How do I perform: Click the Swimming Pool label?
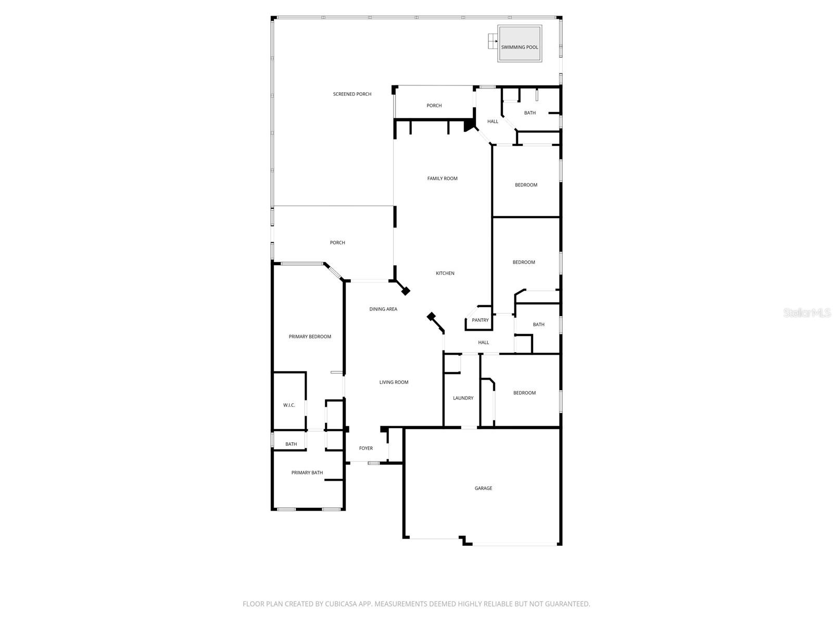[x=519, y=47]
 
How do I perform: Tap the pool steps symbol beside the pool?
[x=492, y=41]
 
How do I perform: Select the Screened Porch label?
[x=352, y=94]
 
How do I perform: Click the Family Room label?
[x=442, y=179]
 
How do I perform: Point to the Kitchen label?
[x=445, y=273]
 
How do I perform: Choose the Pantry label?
[x=480, y=320]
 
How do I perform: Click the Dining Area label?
[x=383, y=309]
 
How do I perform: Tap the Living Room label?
[x=394, y=382]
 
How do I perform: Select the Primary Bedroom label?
[x=310, y=337]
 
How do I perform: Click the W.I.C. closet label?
[x=289, y=405]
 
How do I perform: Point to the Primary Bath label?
[x=307, y=473]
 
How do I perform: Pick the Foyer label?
[x=366, y=448]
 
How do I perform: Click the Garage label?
[x=483, y=489]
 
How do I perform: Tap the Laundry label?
[x=463, y=398]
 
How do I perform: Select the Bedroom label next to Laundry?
[x=524, y=393]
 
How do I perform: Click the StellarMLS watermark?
[x=807, y=312]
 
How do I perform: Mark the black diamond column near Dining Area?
[x=405, y=291]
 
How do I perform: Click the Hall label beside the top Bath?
[x=493, y=122]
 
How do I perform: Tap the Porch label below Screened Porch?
[x=337, y=243]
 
